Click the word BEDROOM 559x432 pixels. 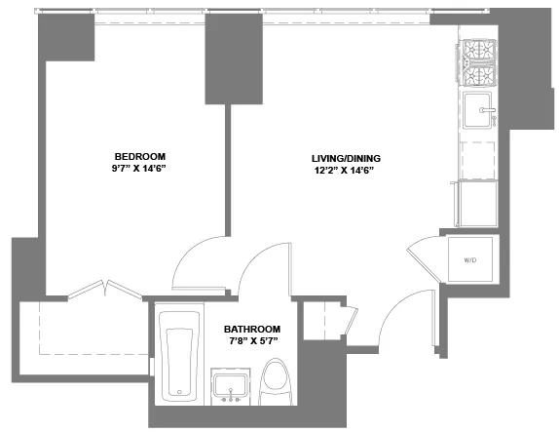140,156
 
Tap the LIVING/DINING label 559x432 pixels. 345,158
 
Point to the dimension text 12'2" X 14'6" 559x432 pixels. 345,171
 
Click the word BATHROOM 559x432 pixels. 252,329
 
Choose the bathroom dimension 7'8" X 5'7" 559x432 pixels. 252,341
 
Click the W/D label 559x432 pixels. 468,260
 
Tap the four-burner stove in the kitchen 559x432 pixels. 478,62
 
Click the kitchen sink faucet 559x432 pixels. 494,111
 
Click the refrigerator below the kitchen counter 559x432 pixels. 478,204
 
